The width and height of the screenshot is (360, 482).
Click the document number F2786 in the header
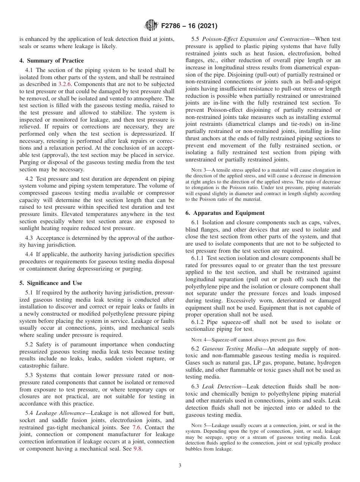click(172, 27)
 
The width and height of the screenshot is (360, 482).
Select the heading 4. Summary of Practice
click(52, 61)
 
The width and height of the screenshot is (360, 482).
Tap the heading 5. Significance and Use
click(51, 283)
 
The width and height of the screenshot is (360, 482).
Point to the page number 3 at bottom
click(180, 466)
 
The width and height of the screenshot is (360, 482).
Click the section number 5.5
click(196, 39)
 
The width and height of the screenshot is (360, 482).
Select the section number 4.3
click(29, 238)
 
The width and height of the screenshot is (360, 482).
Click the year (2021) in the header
click(204, 27)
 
